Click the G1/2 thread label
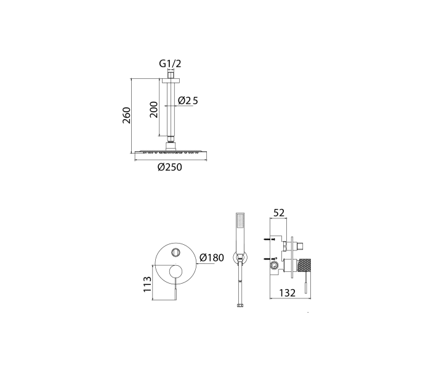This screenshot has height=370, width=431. click(x=170, y=64)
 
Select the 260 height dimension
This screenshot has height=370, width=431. click(x=126, y=115)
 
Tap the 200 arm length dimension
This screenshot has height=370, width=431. click(x=154, y=110)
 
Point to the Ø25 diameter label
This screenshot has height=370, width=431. click(x=188, y=101)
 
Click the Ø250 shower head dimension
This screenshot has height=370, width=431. click(x=170, y=167)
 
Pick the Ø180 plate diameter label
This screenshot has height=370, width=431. click(x=212, y=258)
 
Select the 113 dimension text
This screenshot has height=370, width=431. click(x=147, y=284)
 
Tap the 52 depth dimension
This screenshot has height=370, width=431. click(x=279, y=213)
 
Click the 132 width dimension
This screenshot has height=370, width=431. click(x=288, y=293)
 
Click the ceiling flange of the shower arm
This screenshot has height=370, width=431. click(x=171, y=80)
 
